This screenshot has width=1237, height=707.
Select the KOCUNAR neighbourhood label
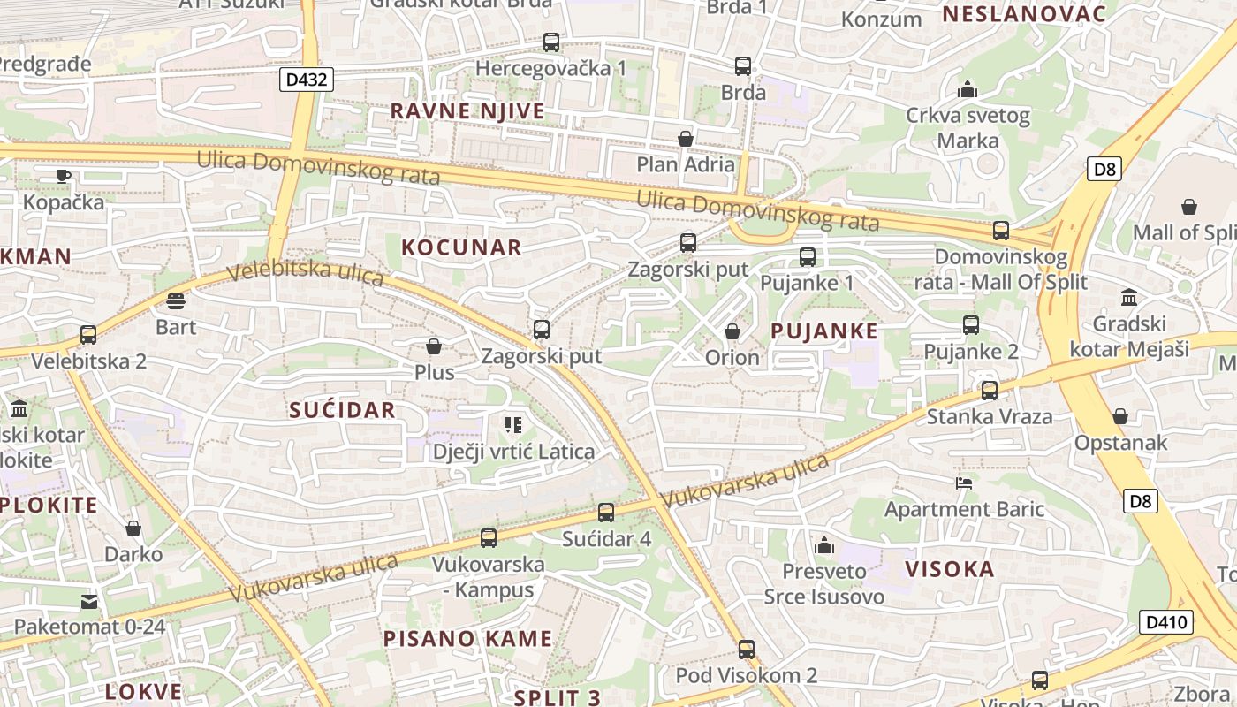(x=461, y=247)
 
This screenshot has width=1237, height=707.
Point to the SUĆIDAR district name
(x=342, y=410)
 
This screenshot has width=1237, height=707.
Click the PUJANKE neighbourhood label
(x=824, y=331)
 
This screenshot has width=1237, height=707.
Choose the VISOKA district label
(x=950, y=569)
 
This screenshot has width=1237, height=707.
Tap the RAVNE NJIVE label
(x=467, y=111)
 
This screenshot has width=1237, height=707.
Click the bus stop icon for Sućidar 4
(x=606, y=512)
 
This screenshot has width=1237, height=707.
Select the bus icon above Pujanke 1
(x=808, y=257)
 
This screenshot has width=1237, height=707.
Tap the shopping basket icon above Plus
(x=434, y=346)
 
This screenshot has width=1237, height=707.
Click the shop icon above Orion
(x=732, y=331)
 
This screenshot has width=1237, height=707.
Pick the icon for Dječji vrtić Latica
(x=513, y=425)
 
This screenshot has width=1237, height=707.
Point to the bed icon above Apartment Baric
(x=964, y=483)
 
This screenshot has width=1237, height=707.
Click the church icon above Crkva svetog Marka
(x=968, y=89)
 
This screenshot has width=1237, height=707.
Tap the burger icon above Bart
(x=176, y=300)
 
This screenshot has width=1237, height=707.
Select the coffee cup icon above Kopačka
(x=64, y=175)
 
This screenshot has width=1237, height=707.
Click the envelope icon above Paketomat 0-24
(x=89, y=602)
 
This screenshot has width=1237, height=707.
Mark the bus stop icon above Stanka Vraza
(x=990, y=390)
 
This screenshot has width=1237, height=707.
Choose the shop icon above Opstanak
(x=1120, y=415)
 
